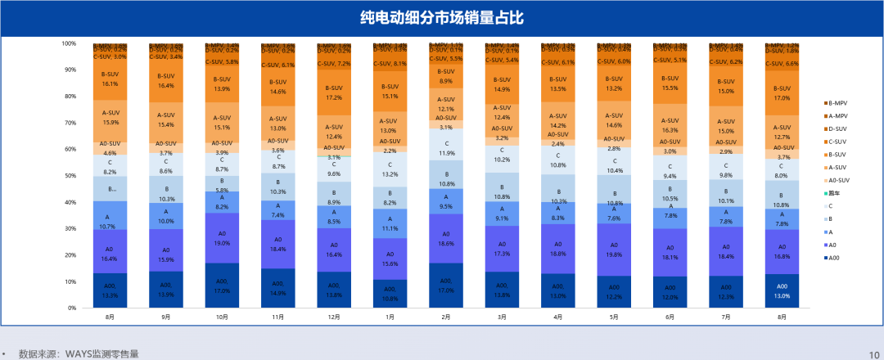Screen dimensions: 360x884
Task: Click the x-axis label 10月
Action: coord(221,316)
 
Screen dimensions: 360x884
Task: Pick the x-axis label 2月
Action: coord(445,316)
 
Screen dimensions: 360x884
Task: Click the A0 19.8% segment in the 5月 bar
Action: coord(614,250)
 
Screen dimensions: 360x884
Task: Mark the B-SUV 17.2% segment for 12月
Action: coord(333,92)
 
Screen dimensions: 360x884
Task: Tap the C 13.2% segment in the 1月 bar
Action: coord(390,169)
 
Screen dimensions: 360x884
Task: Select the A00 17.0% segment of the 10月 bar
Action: coord(221,286)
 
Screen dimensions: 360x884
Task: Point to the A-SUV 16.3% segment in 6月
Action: coord(670,125)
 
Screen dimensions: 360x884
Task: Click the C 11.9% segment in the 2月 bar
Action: coord(445,148)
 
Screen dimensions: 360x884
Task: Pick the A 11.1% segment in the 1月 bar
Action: coord(390,223)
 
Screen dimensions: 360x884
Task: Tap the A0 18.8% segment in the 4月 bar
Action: coord(557,249)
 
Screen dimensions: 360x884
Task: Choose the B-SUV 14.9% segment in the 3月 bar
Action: coord(502,84)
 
